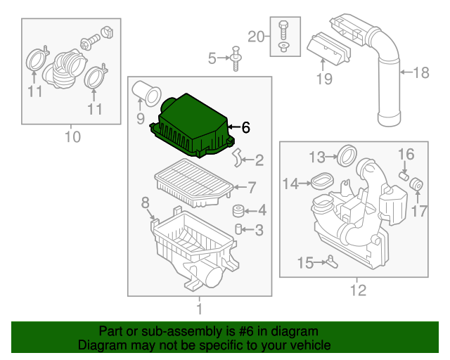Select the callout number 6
coord(245,128)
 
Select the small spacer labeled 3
coord(239,229)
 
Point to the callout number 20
coord(257,37)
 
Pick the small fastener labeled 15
coord(330,262)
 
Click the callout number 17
coord(419,210)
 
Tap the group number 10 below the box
coord(72,136)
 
